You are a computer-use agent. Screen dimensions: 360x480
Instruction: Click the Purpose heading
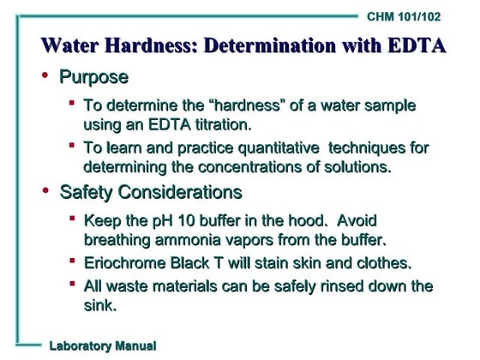click(x=93, y=78)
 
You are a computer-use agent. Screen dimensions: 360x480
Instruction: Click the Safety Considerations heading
click(x=150, y=190)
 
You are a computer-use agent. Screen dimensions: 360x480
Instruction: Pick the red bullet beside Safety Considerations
click(x=45, y=189)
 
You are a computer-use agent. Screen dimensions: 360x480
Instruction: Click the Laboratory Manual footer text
click(x=102, y=345)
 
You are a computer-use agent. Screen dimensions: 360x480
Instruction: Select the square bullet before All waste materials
click(x=73, y=285)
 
